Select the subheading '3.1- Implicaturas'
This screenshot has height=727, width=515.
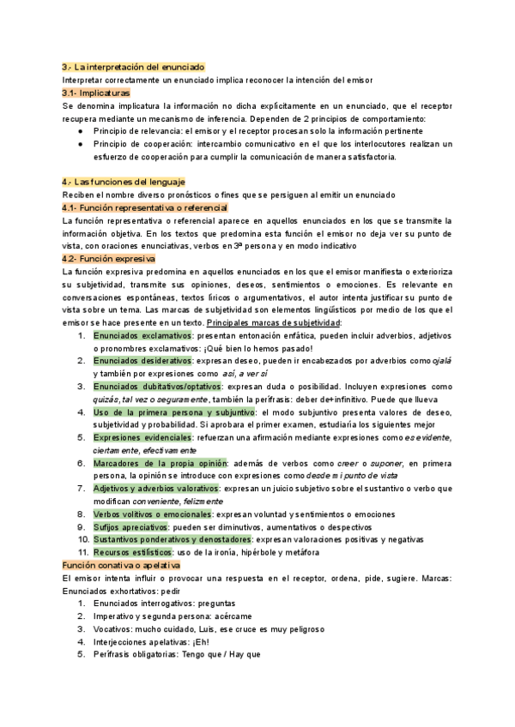pyautogui.click(x=96, y=92)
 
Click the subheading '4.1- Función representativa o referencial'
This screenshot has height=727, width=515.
pyautogui.click(x=145, y=207)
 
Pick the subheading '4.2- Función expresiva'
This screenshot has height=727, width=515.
pyautogui.click(x=108, y=258)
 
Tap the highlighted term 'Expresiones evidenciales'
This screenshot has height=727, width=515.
pyautogui.click(x=142, y=437)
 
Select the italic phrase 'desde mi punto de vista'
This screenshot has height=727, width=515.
pyautogui.click(x=351, y=476)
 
